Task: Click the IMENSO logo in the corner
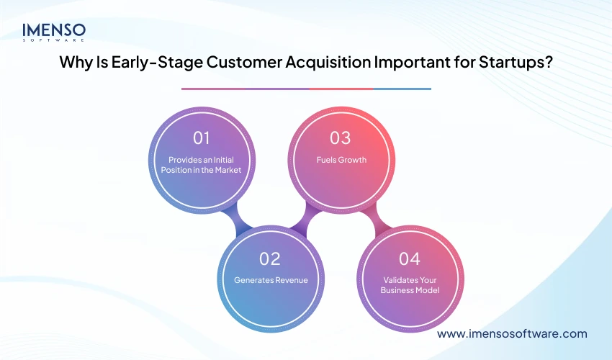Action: tap(54, 32)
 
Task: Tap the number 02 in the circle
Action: tap(270, 257)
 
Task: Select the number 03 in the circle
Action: tap(341, 138)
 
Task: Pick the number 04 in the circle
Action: tap(409, 257)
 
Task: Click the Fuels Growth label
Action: tap(341, 160)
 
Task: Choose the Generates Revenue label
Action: tap(271, 280)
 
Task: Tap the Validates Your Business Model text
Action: tap(409, 286)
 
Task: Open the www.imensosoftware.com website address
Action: tap(512, 333)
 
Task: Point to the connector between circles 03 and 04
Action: tap(375, 218)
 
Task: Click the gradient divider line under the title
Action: tap(306, 89)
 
